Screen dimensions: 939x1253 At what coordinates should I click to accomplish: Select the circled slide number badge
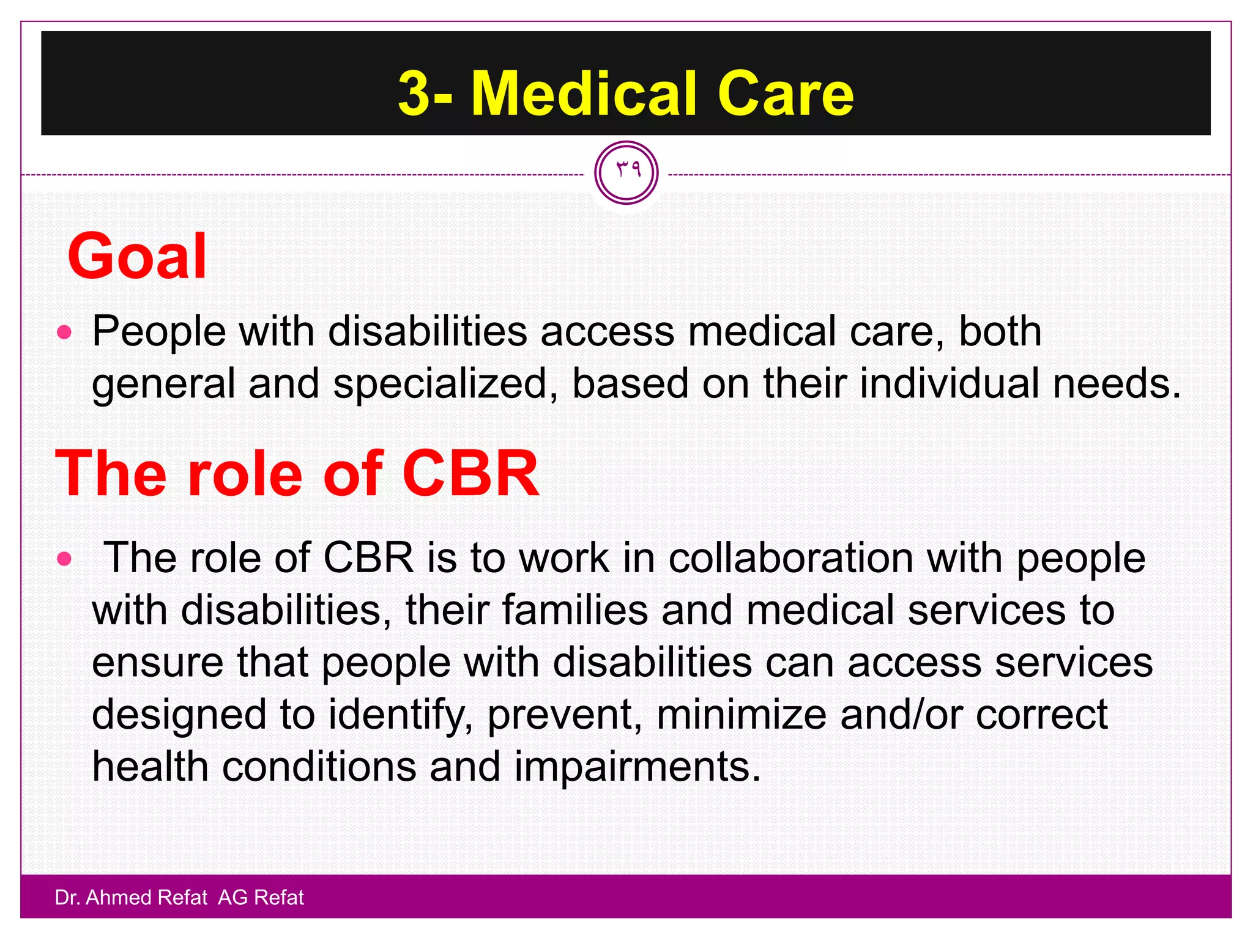(x=626, y=172)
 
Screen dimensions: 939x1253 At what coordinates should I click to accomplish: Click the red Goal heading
(x=138, y=257)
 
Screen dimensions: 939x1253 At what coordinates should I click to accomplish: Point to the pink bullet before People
(x=64, y=333)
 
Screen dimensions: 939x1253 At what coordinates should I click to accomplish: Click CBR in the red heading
(x=470, y=473)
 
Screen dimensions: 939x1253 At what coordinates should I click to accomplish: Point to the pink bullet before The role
(x=64, y=559)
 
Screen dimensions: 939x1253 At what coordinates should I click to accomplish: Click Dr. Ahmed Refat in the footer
(x=131, y=897)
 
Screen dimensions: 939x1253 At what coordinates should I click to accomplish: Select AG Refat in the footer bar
(x=261, y=897)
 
